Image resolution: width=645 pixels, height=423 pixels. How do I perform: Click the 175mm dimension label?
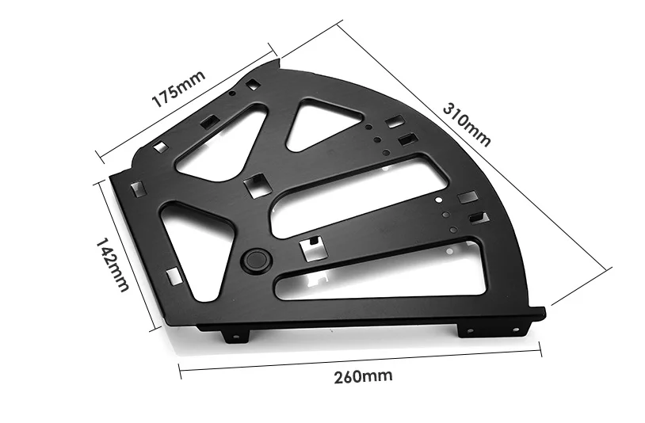(178, 89)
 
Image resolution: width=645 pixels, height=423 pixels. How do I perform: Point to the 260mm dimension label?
(363, 375)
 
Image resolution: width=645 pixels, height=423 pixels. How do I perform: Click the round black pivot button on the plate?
(255, 260)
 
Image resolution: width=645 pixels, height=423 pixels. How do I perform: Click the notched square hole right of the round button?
(314, 248)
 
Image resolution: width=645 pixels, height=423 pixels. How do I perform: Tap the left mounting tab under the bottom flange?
(235, 336)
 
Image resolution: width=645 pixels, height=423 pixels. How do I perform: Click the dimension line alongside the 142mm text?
(127, 253)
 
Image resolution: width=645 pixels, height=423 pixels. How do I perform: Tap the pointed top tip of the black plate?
(278, 61)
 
